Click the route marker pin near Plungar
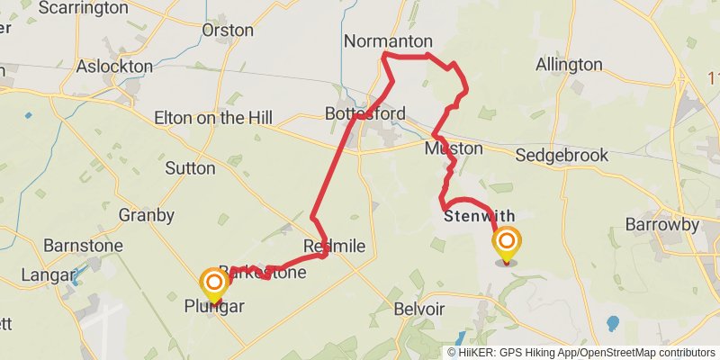click(215, 284)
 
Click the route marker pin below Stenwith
click(507, 244)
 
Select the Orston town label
click(229, 30)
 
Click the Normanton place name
click(388, 41)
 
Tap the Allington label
click(569, 65)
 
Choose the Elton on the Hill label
click(213, 118)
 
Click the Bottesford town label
click(365, 114)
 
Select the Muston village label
click(454, 148)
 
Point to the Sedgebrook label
click(562, 156)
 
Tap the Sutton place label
click(190, 168)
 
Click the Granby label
click(147, 215)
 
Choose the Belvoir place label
click(419, 309)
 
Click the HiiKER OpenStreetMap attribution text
click(580, 352)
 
